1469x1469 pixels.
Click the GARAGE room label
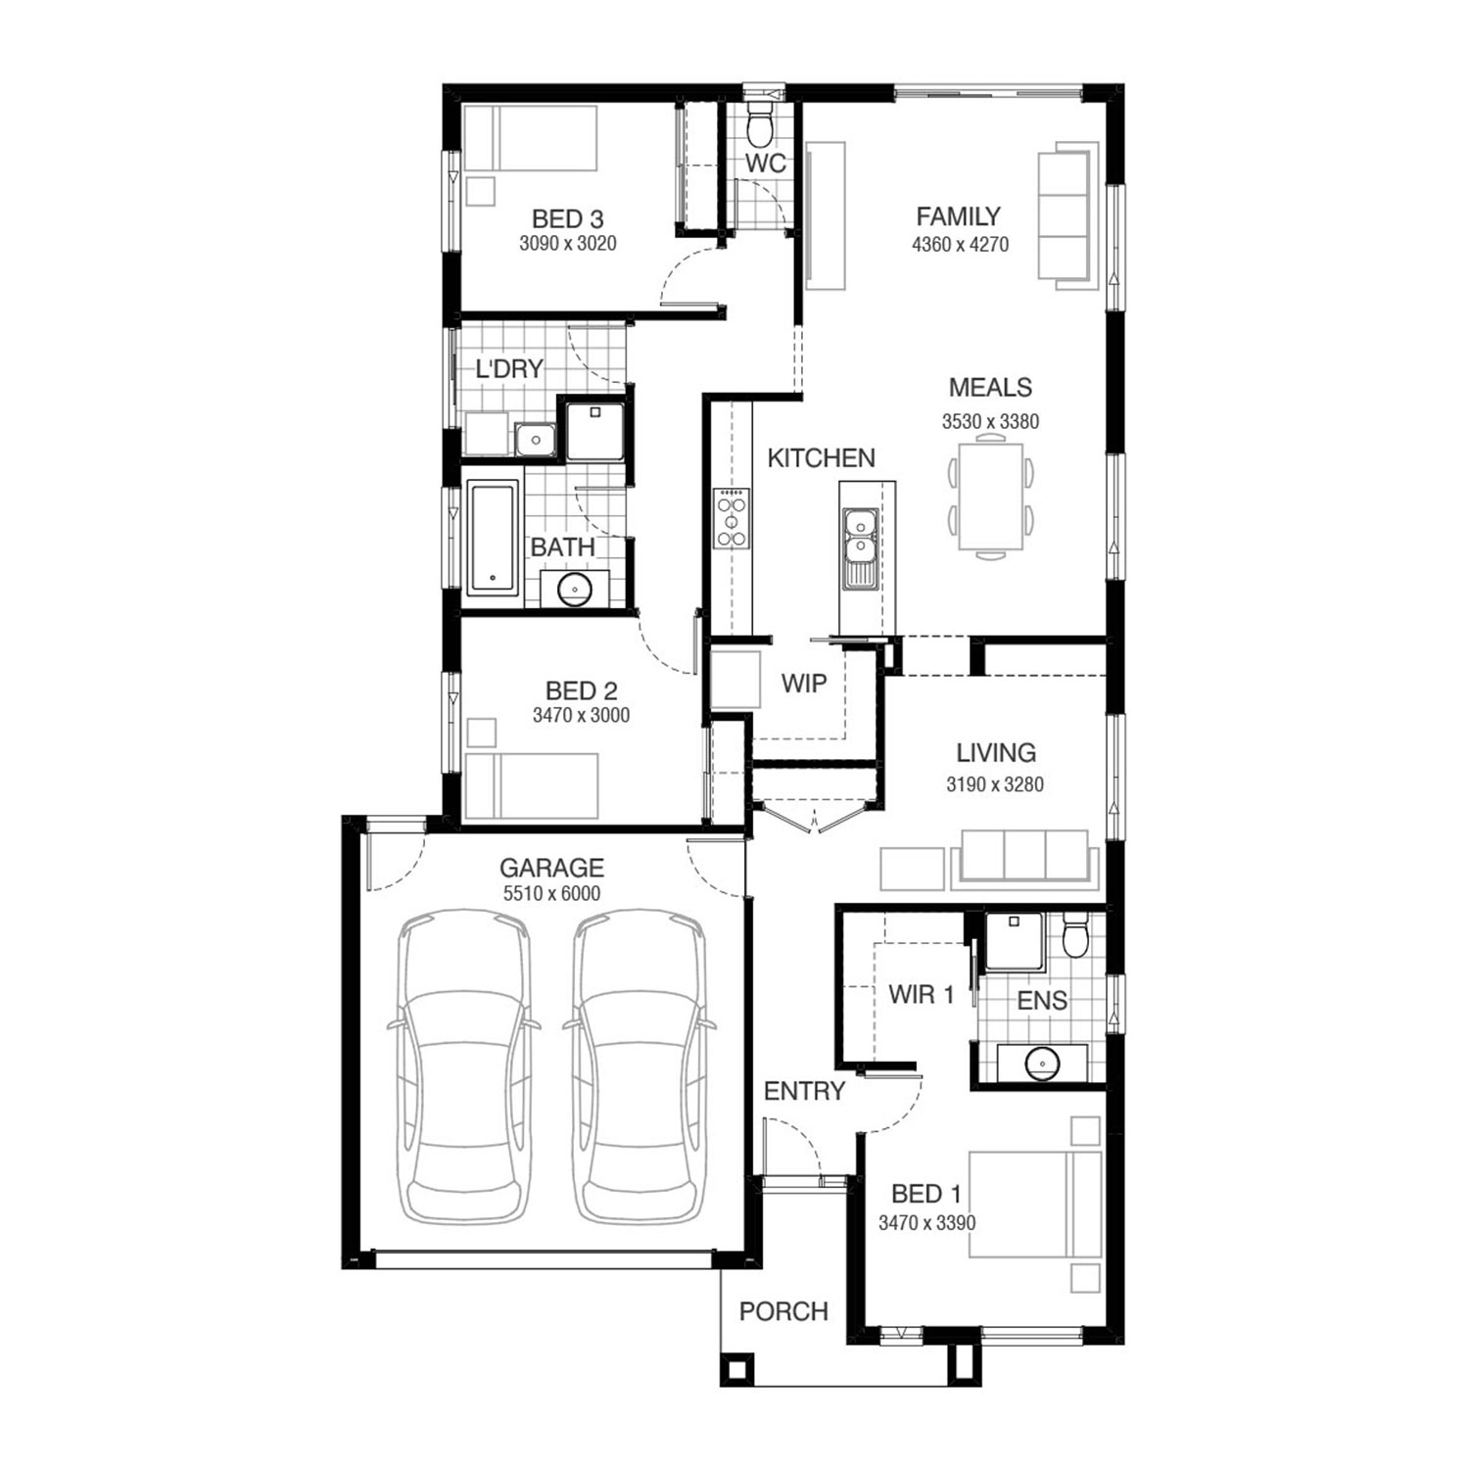point(551,868)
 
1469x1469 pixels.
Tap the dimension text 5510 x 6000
point(551,893)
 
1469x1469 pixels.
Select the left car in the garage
point(464,1066)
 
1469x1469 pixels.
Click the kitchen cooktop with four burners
point(732,519)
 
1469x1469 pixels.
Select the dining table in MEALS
point(990,498)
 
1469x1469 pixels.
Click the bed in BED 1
point(1035,1205)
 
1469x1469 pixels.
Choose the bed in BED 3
point(530,138)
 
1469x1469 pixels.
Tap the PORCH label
point(783,1311)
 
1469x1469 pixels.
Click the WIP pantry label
point(804,683)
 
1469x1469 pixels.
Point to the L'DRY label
point(509,369)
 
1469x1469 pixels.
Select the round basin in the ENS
point(1042,1063)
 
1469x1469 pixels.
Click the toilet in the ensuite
point(1075,936)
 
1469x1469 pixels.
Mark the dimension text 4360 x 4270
point(960,244)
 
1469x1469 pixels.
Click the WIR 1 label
point(921,995)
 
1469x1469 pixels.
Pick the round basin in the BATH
point(573,588)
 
